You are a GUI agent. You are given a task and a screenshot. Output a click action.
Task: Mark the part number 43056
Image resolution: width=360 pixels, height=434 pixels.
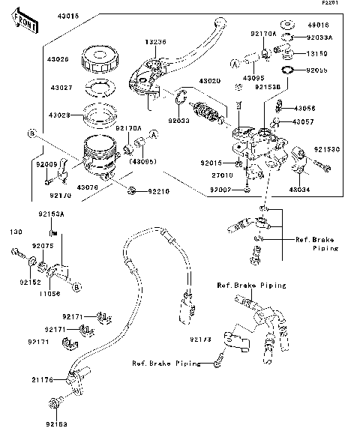[x=303, y=109]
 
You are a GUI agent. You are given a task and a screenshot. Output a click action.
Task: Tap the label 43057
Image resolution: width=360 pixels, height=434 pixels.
[x=303, y=121]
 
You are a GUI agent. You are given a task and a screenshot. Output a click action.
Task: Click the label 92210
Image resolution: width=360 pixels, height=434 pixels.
[x=157, y=192]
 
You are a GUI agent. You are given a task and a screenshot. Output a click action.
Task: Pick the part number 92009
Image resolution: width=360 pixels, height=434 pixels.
[x=46, y=163]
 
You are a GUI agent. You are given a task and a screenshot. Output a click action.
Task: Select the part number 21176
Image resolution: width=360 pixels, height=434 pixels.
[x=42, y=381]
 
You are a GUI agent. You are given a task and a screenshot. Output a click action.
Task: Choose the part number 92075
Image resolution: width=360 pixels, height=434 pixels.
[x=42, y=245]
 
